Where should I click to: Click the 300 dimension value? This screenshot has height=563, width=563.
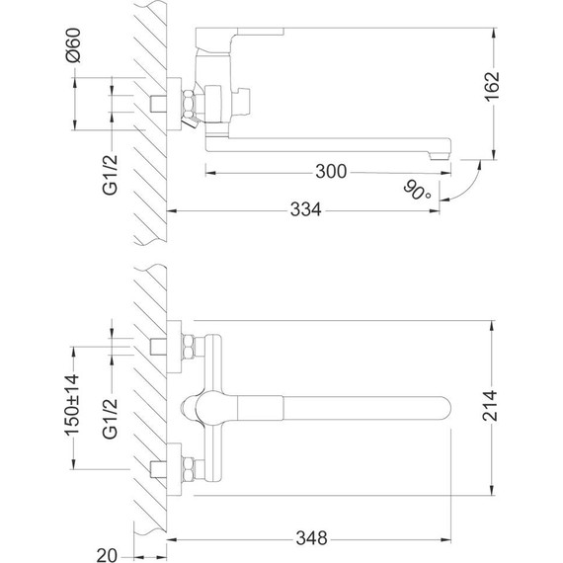point(332,172)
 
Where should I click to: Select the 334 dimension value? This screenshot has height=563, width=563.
point(312,210)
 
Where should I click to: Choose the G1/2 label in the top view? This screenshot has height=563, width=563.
point(111,415)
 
